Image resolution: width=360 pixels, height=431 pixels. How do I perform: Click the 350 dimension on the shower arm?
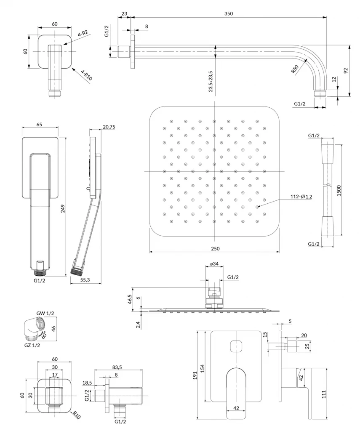point(228,13)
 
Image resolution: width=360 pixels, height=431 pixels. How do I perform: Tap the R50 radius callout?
point(296,69)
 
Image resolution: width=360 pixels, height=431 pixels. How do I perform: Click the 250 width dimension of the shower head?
point(215,248)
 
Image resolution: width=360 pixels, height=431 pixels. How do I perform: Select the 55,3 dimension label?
point(85,279)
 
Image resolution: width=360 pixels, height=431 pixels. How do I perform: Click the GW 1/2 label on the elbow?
point(45,313)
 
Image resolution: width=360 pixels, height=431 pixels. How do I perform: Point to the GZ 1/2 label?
point(32,345)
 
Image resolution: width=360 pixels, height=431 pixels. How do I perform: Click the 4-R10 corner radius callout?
point(85,76)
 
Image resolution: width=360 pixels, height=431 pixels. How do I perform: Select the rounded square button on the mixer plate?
point(236,346)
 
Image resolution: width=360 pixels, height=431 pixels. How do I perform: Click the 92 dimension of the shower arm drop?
point(346,71)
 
